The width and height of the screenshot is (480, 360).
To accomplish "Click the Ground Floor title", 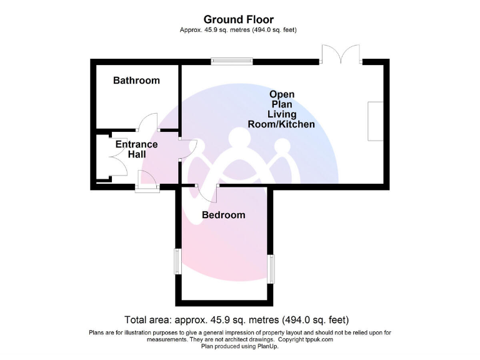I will coord(239,20).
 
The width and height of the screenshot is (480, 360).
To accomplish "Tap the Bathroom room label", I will coord(136,80).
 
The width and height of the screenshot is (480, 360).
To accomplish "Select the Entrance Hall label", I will coord(136,149).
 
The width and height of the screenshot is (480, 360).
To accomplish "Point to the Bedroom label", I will coord(223,215).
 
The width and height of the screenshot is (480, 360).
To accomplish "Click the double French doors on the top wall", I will coord(341,54).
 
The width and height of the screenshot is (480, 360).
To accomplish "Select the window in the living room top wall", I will coord(232,61).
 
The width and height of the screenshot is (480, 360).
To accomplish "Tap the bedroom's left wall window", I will coord(177,261).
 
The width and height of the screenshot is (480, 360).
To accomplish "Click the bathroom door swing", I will coord(149,122).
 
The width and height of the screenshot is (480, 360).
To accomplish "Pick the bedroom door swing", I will coord(207,193).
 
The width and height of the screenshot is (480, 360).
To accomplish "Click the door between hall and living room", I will coord(188,147).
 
